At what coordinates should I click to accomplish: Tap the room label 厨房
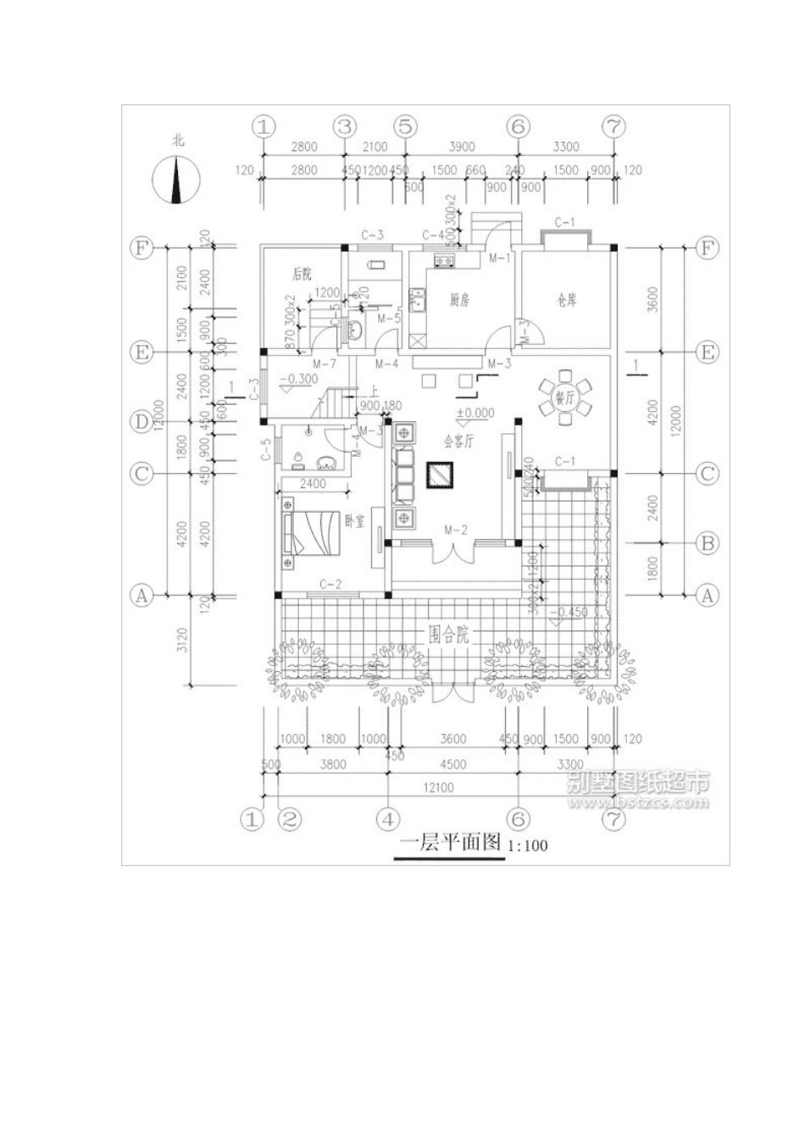458,300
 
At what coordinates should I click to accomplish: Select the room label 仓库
566,299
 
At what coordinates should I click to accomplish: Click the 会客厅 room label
458,441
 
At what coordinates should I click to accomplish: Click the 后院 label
302,274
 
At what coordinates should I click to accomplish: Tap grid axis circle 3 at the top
344,127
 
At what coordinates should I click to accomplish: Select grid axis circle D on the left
141,421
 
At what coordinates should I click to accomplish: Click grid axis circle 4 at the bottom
387,820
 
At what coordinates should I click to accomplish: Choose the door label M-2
455,530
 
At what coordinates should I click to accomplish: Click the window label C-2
330,584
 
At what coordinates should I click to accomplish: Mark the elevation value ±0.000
474,414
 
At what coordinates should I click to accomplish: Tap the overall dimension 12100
440,787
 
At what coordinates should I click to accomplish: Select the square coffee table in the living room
441,476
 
